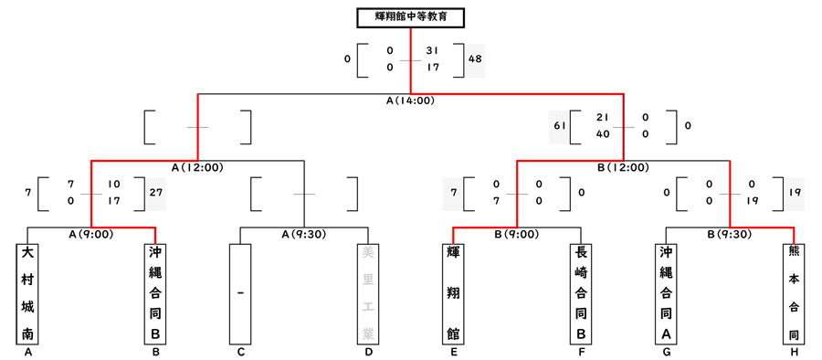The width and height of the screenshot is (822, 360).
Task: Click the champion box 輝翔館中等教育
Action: point(410,17)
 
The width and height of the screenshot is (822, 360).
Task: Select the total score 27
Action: point(155,193)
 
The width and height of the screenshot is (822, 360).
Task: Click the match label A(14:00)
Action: point(410,101)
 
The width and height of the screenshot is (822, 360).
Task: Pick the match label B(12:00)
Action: point(623,167)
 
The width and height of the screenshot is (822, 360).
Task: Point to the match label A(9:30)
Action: point(304,234)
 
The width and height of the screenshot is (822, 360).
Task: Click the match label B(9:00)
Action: point(517,234)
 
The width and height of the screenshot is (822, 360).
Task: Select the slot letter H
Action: point(794,352)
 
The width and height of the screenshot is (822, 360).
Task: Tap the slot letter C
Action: point(240,352)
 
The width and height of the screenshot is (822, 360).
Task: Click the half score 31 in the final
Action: point(433,51)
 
